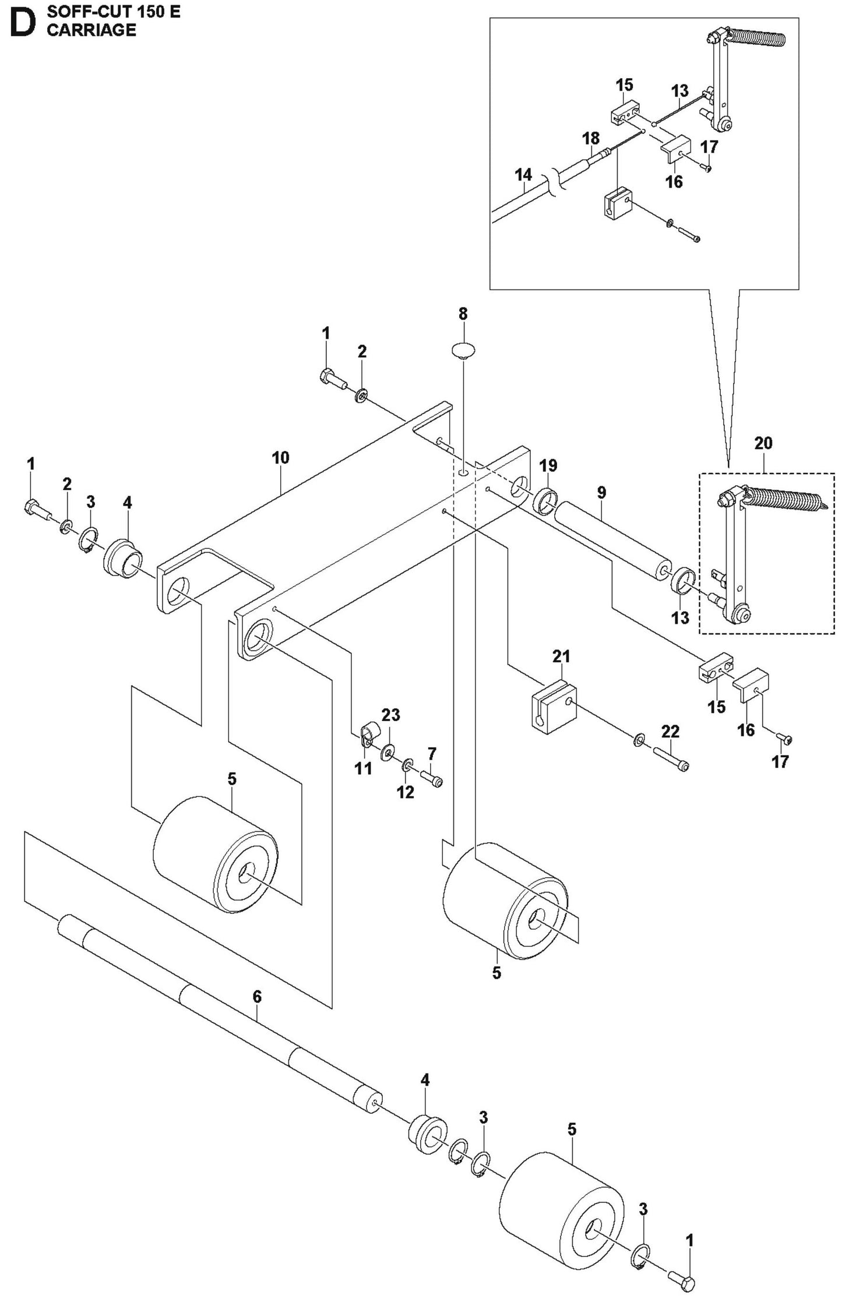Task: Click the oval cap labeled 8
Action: (463, 351)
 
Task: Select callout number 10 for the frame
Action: (280, 457)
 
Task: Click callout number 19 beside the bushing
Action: (548, 465)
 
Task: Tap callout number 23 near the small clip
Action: (390, 715)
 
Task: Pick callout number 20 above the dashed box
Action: (763, 443)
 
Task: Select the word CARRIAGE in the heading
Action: (91, 30)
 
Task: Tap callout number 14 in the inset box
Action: (523, 174)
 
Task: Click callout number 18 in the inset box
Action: (590, 138)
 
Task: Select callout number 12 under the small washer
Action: (406, 792)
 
